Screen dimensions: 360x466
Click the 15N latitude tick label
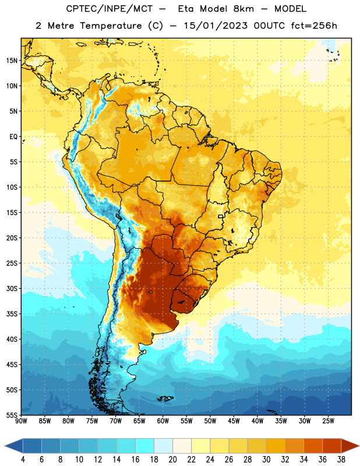[x=12, y=61]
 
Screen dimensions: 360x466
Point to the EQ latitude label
[x=13, y=137]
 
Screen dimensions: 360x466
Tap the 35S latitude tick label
[x=12, y=314]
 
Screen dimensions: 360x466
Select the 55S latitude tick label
[x=12, y=415]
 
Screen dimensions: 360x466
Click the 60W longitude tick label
[x=163, y=421]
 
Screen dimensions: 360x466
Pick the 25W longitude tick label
[x=328, y=421]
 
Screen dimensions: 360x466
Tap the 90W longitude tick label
[x=22, y=421]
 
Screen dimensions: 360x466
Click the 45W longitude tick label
[x=234, y=421]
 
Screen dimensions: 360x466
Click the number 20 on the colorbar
[x=172, y=460]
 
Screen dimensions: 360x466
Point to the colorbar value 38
[x=341, y=460]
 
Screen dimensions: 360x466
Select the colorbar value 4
[x=23, y=460]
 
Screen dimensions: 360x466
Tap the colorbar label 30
[x=266, y=460]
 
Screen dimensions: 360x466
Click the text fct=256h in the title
[x=314, y=26]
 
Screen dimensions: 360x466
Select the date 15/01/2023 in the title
[x=216, y=26]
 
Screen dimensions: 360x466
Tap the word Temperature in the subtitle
[x=111, y=26]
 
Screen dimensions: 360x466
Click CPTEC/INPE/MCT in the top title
[x=109, y=9]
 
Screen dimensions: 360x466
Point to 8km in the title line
[x=243, y=9]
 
